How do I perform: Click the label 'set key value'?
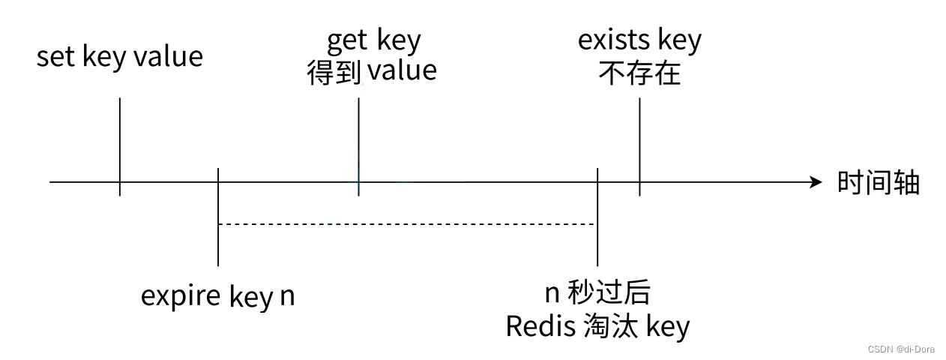pos(120,57)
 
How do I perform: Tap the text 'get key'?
pos(374,40)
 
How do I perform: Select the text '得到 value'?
pos(372,70)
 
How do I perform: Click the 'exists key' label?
pos(639,40)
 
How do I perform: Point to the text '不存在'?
pos(639,73)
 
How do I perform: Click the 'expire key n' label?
pos(217,296)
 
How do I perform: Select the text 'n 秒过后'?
pos(597,293)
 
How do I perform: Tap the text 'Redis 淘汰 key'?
pos(597,326)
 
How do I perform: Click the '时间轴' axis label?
pos(878,183)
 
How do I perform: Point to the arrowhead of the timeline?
pos(817,182)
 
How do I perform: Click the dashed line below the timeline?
pos(405,223)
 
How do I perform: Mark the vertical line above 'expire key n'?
pos(217,217)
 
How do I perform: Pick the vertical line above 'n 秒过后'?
pos(597,217)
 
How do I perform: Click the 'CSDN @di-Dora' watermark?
pos(901,349)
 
